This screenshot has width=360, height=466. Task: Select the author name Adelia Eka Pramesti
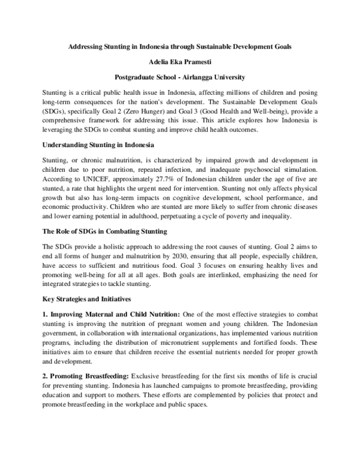click(180, 62)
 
